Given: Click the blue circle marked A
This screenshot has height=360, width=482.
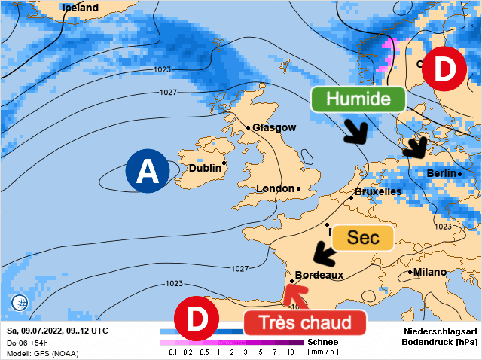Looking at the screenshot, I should point(148,171).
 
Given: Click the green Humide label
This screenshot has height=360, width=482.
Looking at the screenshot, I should point(358,99).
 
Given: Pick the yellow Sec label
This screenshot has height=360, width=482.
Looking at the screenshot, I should point(364,237).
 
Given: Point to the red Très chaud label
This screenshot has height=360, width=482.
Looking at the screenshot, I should point(304,322).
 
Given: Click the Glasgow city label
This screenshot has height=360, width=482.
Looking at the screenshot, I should point(274,127).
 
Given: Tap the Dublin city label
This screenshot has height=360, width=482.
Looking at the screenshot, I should point(205,169).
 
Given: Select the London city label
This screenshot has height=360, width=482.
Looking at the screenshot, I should point(276,188).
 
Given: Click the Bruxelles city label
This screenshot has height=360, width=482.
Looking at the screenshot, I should point(377,191).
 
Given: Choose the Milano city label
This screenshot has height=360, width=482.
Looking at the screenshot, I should point(430,272).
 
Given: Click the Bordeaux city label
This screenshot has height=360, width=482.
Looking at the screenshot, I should point(319,275).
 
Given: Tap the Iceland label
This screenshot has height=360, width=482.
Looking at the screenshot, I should point(80,8).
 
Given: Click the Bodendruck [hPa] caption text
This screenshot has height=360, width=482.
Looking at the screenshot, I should point(440,343).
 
